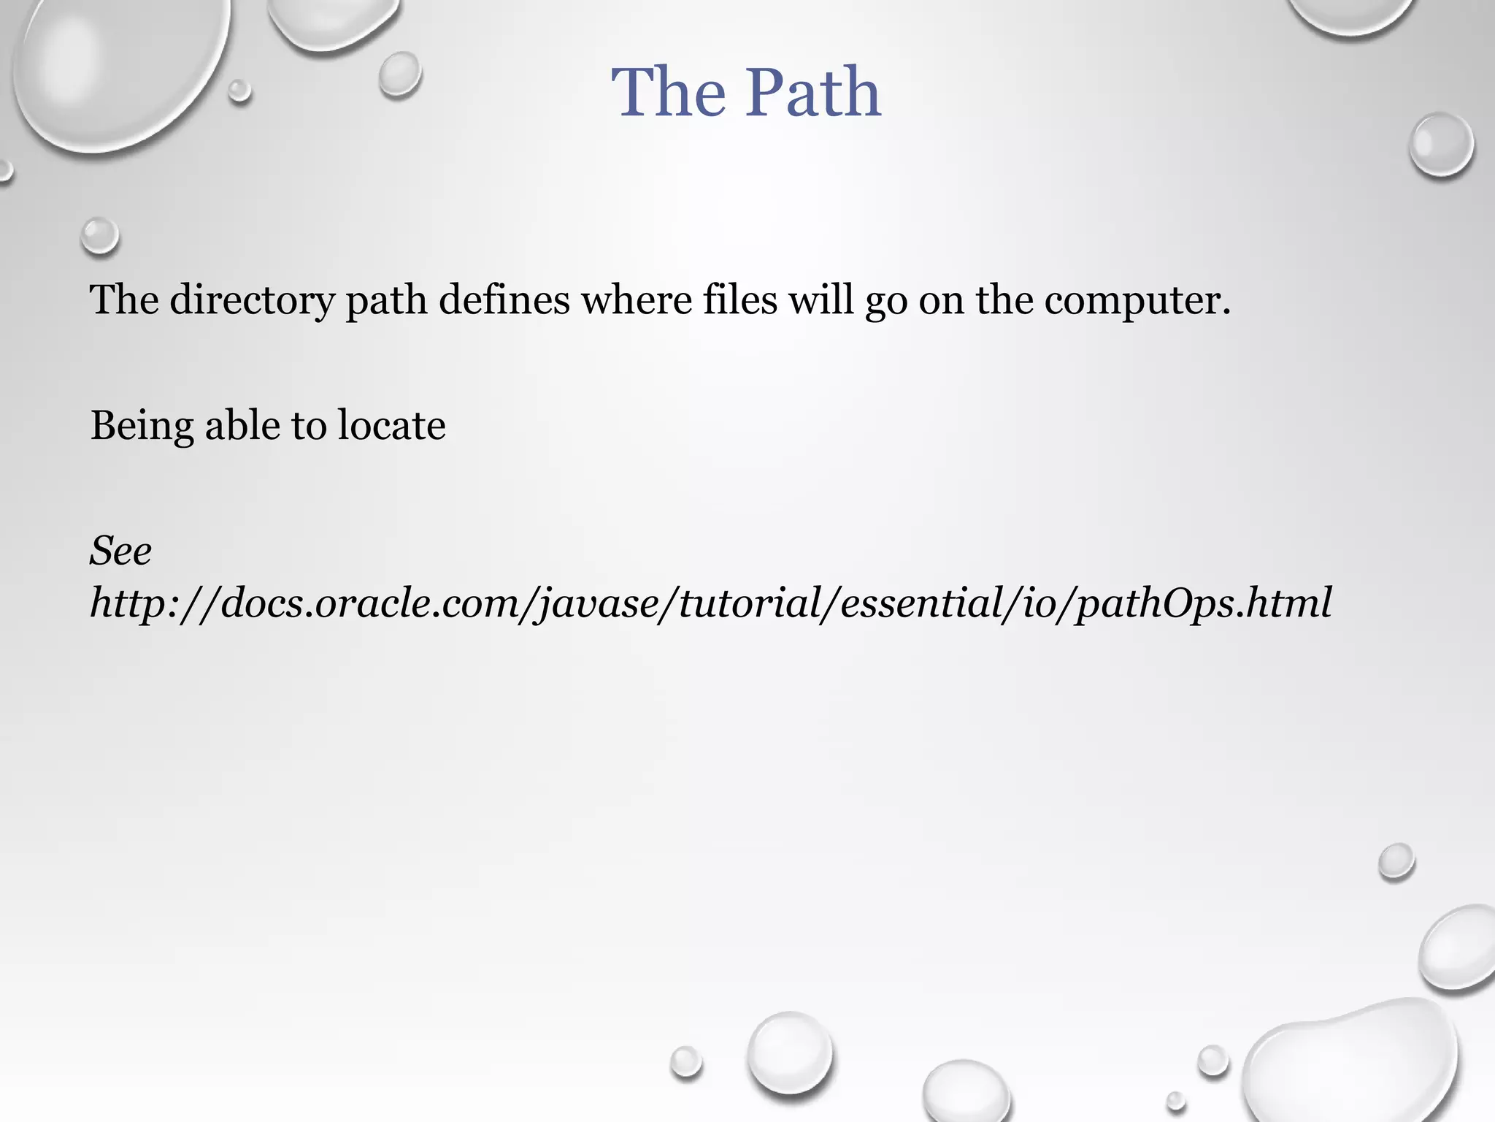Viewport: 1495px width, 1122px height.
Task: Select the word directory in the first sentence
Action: click(x=251, y=300)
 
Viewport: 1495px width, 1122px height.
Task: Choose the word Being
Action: click(x=142, y=426)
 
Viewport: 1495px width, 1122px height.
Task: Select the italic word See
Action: click(x=120, y=551)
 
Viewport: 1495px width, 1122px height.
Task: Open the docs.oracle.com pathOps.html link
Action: click(x=710, y=603)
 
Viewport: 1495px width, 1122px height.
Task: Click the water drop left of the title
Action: click(x=400, y=74)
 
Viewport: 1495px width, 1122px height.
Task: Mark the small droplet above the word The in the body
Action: click(x=99, y=236)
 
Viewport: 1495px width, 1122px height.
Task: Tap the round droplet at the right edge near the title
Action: click(x=1441, y=143)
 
